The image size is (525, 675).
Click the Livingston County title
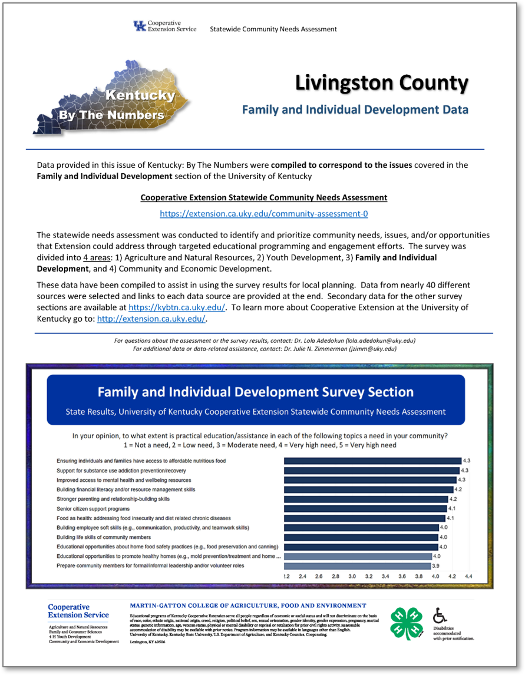381,84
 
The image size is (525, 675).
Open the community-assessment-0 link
264,213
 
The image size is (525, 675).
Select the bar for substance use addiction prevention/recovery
371,470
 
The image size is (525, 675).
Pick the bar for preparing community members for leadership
356,565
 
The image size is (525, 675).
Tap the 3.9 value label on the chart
435,565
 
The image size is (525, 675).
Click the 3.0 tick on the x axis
352,577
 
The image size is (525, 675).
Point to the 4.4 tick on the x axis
469,577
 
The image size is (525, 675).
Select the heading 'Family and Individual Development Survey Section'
255,392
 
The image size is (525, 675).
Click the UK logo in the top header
140,27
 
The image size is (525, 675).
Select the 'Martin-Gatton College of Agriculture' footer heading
247,605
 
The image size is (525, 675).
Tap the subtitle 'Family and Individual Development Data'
355,110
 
